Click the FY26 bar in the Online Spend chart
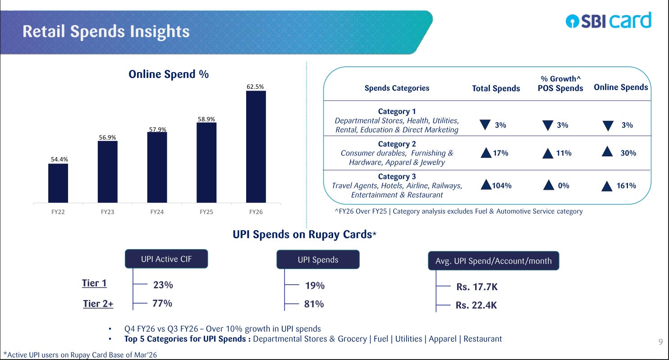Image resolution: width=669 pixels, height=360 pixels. tap(256, 147)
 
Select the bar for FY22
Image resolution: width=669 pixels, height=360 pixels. tap(58, 183)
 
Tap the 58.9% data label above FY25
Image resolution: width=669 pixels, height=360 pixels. tap(206, 119)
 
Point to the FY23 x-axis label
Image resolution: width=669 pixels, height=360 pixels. tap(107, 212)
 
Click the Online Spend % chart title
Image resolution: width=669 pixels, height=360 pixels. tap(169, 74)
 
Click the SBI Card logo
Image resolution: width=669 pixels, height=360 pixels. tap(609, 20)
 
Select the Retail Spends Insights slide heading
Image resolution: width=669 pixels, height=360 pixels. tap(106, 32)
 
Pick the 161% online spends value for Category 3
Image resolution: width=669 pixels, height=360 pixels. tap(626, 186)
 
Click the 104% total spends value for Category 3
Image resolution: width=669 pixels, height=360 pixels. tap(502, 186)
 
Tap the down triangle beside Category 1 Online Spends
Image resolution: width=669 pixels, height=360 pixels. tap(608, 126)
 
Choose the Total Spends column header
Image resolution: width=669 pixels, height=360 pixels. tap(496, 88)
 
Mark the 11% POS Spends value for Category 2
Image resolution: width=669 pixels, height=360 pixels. tap(564, 153)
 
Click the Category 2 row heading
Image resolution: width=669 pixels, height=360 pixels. tap(397, 144)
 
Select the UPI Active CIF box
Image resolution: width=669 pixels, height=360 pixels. tap(166, 259)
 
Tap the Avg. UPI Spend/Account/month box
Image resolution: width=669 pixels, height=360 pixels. tap(493, 261)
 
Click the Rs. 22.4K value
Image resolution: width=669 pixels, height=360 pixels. tap(476, 305)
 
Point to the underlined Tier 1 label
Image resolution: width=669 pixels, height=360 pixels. tap(94, 283)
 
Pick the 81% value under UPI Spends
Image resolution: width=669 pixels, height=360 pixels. tap(314, 304)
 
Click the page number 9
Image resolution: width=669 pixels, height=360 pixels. tap(660, 342)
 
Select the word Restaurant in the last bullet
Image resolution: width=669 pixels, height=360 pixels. tap(483, 339)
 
